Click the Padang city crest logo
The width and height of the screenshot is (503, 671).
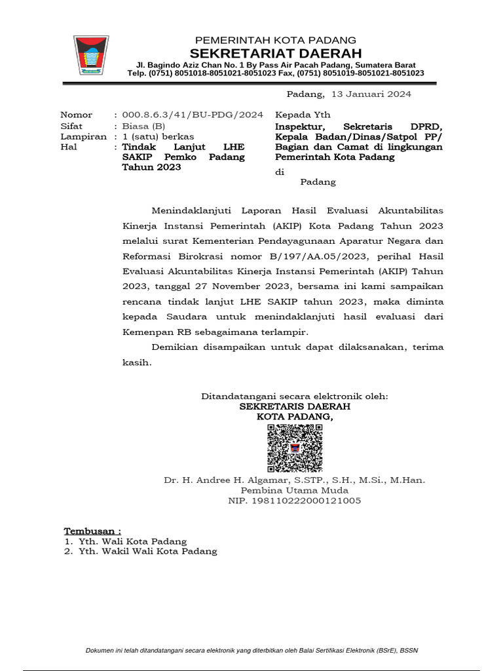[92, 55]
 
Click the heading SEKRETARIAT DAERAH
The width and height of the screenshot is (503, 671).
[275, 53]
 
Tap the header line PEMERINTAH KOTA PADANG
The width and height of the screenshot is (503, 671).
[276, 40]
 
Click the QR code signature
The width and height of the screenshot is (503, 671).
[295, 448]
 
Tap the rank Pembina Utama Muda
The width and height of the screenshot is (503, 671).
[295, 490]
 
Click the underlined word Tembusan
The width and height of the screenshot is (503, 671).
[92, 530]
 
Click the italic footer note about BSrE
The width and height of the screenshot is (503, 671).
[251, 650]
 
